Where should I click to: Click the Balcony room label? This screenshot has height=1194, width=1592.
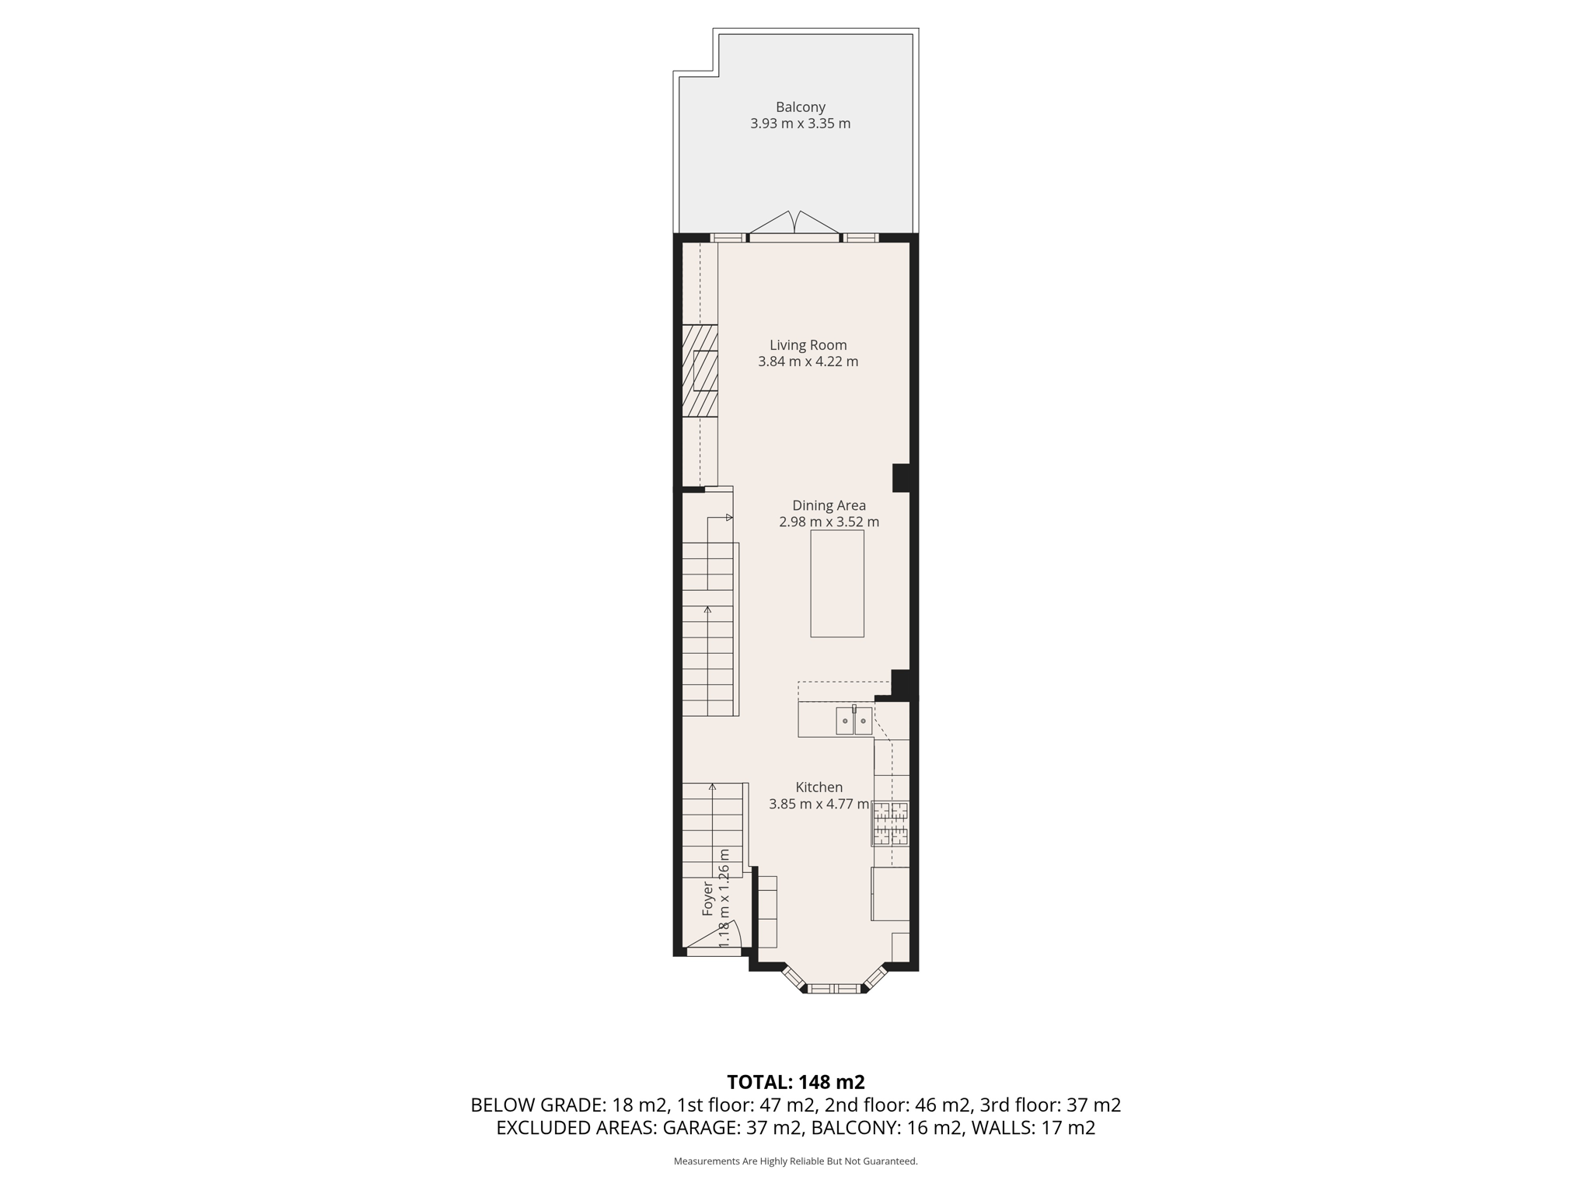[x=800, y=107]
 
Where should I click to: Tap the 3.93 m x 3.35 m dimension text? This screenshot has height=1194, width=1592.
[x=800, y=124]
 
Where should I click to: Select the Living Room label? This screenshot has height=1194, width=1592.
[x=808, y=345]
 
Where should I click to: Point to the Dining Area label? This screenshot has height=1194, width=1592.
[x=829, y=505]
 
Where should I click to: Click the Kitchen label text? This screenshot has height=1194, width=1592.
[x=819, y=787]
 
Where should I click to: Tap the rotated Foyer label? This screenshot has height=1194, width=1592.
[x=708, y=898]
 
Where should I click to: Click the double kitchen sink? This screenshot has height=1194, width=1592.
[x=854, y=721]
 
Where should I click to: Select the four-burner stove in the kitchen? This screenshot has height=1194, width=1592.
[x=890, y=824]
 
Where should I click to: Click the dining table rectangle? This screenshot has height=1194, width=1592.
[x=836, y=583]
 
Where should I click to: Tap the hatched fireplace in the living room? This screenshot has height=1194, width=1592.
[x=699, y=371]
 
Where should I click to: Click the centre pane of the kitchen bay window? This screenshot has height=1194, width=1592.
[x=835, y=989]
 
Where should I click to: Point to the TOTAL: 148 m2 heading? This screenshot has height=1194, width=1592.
[x=795, y=1082]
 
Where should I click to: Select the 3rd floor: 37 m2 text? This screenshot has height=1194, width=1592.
[x=1050, y=1105]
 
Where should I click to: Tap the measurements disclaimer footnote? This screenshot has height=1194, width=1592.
[x=795, y=1161]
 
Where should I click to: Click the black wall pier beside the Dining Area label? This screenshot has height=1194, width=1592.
[x=902, y=477]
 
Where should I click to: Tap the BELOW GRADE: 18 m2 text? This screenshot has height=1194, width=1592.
[x=568, y=1105]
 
